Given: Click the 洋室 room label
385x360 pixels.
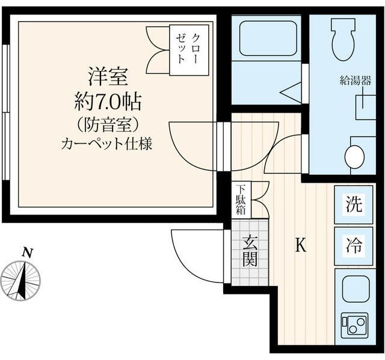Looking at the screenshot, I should click(x=109, y=78).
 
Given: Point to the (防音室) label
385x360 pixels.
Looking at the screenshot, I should click(x=109, y=124).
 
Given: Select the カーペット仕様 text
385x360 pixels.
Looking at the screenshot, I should click(x=109, y=145).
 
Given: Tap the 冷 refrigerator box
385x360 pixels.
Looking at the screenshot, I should click(x=354, y=245).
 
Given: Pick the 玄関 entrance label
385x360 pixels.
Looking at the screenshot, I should click(x=250, y=251).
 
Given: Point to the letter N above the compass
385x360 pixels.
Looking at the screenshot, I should click(x=26, y=253).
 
